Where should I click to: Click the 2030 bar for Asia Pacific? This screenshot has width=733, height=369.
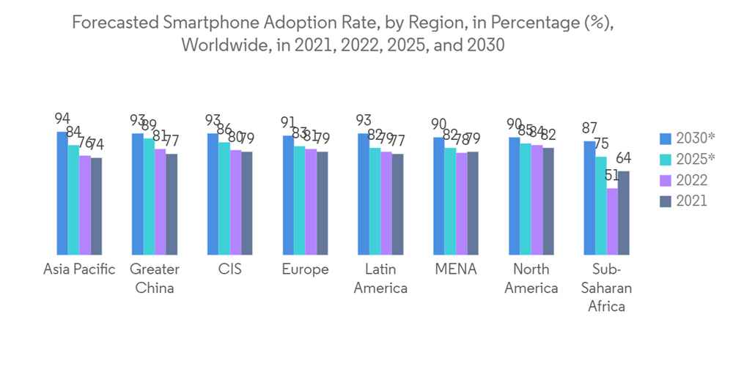pyautogui.click(x=62, y=193)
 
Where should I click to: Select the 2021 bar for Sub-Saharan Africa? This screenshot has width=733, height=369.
pyautogui.click(x=624, y=213)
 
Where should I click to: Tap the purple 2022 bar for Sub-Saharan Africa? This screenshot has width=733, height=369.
pyautogui.click(x=612, y=222)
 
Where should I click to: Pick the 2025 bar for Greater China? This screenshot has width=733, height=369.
pyautogui.click(x=149, y=197)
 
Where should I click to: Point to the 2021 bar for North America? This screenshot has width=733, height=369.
pyautogui.click(x=548, y=201)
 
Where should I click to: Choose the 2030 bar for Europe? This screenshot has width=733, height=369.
pyautogui.click(x=288, y=195)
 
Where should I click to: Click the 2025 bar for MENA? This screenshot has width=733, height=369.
pyautogui.click(x=450, y=201)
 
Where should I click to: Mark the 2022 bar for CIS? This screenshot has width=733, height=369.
pyautogui.click(x=236, y=203)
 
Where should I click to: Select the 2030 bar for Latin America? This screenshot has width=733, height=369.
pyautogui.click(x=364, y=194)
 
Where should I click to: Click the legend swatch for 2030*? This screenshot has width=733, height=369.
pyautogui.click(x=666, y=138)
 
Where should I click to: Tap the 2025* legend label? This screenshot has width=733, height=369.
pyautogui.click(x=696, y=159)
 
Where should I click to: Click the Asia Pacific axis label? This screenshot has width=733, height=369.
pyautogui.click(x=79, y=269)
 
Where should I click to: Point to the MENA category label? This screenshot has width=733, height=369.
pyautogui.click(x=455, y=269)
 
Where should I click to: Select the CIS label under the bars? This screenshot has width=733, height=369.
pyautogui.click(x=229, y=269)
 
